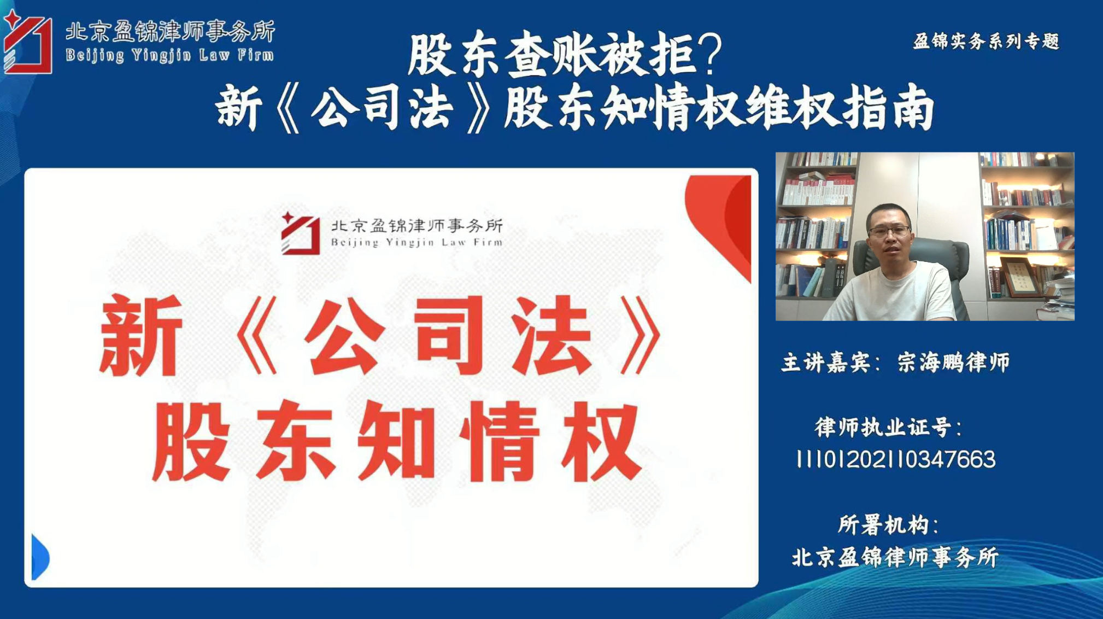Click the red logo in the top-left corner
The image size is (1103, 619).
point(27,43)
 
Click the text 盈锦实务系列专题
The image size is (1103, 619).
point(986,41)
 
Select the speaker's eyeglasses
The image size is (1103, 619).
point(889,231)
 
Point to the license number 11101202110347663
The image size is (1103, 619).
point(895,459)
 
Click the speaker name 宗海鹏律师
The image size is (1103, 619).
point(953,363)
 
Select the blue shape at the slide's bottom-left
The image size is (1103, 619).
point(40,557)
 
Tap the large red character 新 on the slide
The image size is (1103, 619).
point(141,335)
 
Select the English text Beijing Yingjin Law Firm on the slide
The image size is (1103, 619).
point(416,242)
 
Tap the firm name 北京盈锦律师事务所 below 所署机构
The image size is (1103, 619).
point(895,558)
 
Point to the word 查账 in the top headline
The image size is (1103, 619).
point(550,54)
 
